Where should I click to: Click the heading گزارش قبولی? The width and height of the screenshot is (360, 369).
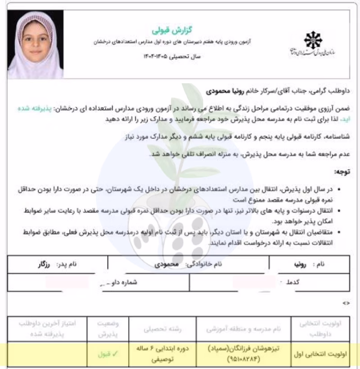click(x=164, y=28)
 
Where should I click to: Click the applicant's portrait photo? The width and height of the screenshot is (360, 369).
click(x=36, y=44)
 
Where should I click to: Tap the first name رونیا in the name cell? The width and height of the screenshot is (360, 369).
click(x=309, y=265)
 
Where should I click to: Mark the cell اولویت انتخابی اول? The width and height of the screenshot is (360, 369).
click(x=321, y=354)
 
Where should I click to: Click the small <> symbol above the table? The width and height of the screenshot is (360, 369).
click(x=346, y=303)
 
